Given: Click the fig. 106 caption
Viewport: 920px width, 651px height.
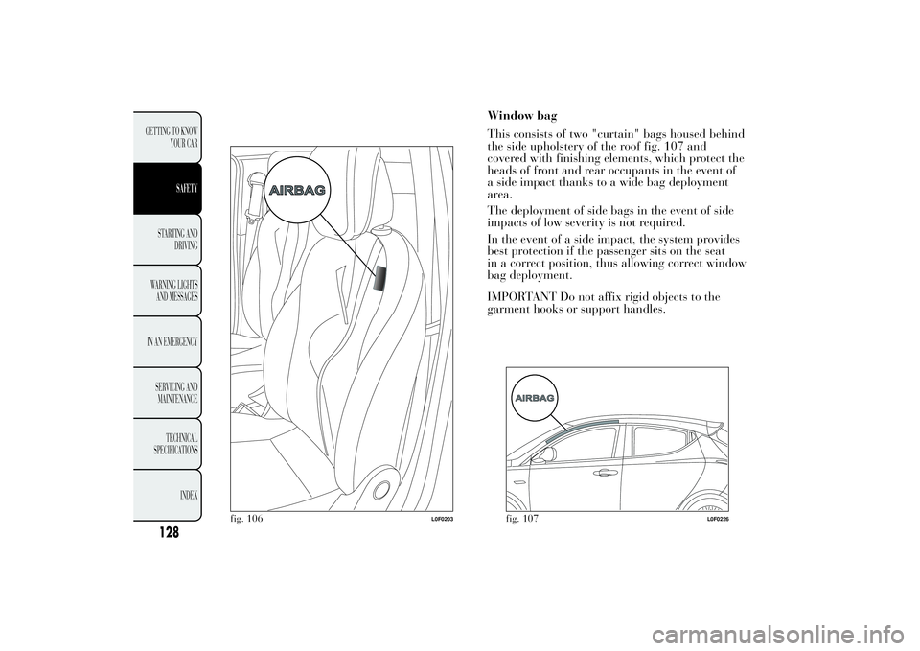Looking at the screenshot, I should coord(246,519).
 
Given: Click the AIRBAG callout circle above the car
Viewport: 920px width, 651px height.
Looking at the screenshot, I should coord(536,397).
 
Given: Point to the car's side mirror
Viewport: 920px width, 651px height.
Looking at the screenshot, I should coord(549,454).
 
